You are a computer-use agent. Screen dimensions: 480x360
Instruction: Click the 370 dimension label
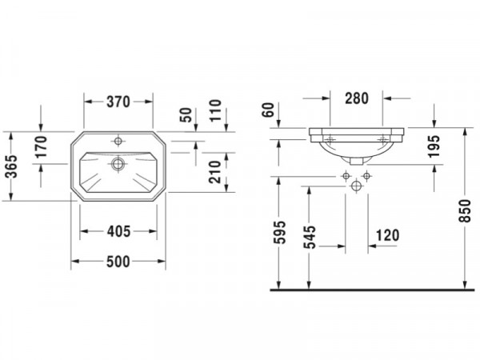118,102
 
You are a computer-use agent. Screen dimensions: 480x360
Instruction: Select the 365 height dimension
12,166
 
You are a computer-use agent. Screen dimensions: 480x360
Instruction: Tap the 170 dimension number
41,146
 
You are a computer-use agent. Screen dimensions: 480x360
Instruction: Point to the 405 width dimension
118,231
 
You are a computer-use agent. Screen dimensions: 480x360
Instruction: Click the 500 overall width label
118,262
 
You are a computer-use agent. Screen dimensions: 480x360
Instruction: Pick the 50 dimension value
186,115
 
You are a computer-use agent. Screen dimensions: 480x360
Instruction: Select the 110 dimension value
214,110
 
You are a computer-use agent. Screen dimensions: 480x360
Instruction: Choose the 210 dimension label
214,172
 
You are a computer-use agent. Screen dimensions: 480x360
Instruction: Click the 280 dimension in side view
357,98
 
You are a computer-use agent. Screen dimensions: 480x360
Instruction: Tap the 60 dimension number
268,110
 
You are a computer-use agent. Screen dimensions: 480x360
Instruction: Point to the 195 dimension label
434,146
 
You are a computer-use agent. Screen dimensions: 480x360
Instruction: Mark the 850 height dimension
465,211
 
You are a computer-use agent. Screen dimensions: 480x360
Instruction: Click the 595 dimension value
279,232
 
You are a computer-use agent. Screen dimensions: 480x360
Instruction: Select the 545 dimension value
309,238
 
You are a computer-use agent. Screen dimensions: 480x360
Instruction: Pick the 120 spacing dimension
387,235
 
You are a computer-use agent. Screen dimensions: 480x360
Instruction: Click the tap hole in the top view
118,141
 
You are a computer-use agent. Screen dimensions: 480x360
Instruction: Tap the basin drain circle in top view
118,164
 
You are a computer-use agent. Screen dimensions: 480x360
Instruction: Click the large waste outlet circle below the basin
356,186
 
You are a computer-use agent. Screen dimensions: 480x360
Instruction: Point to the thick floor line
372,290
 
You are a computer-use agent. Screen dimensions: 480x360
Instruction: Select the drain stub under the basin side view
356,162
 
